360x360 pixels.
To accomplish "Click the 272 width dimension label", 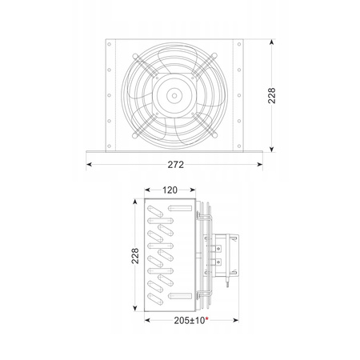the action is click(176, 165).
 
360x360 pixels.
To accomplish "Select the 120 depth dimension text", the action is click(170, 190).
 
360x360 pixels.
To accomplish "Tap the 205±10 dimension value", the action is click(190, 320).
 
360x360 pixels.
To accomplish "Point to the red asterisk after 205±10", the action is click(206, 318).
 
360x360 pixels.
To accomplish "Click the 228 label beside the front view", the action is click(272, 95).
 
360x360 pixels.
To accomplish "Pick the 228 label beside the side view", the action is click(135, 256).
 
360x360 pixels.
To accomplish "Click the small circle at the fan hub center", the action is click(174, 95).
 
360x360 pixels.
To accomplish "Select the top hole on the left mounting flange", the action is click(109, 44).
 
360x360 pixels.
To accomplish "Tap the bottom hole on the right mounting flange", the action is click(239, 146).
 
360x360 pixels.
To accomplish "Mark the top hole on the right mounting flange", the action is click(239, 44).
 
